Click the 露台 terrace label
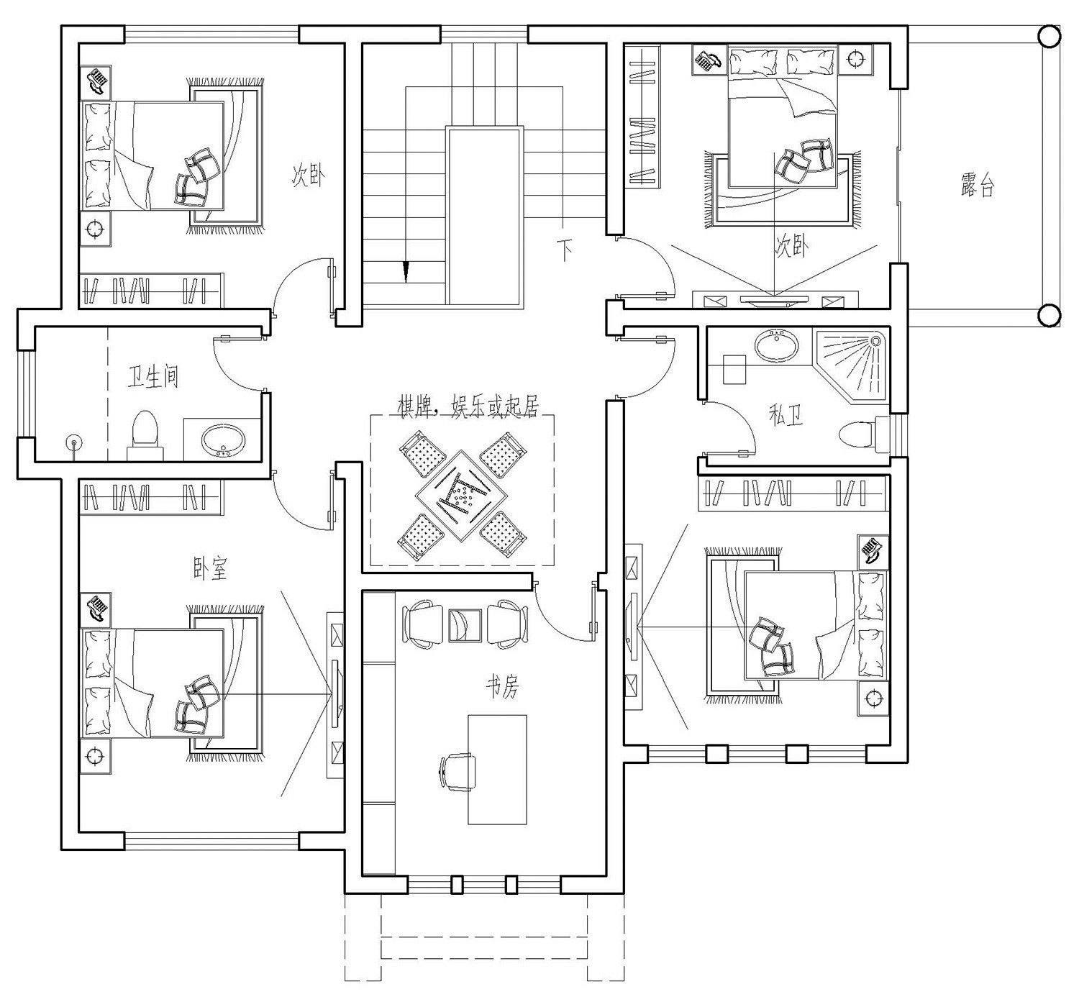tap(977, 186)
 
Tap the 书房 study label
tap(502, 687)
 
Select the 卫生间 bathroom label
tap(153, 376)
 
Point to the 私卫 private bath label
tap(786, 415)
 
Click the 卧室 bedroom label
tap(210, 568)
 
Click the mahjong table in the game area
tap(460, 496)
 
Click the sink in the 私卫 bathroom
tap(777, 345)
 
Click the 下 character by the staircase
tap(565, 250)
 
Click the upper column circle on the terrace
tap(1049, 37)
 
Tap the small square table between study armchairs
tap(465, 625)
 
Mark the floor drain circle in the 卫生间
tap(73, 442)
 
